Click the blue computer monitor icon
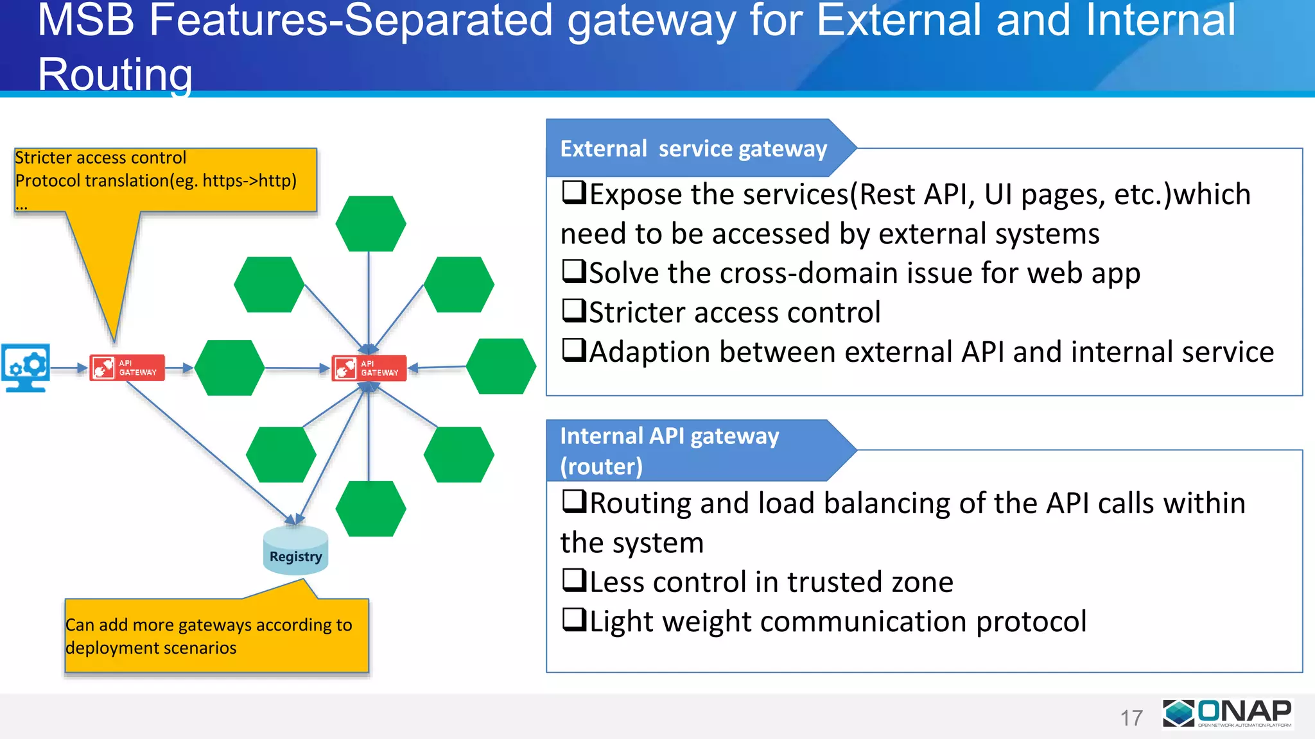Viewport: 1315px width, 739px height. [26, 367]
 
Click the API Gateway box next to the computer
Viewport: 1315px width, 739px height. [127, 368]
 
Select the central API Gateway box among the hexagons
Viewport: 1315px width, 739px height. [369, 368]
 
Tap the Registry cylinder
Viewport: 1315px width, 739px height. [295, 550]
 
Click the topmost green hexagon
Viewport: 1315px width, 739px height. [370, 223]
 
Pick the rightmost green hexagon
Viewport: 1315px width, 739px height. [501, 366]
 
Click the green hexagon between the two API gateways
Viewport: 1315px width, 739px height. [229, 368]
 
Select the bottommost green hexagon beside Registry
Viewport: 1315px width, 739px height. [370, 509]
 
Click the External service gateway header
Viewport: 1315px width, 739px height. [693, 148]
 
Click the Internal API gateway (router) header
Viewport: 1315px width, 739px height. [670, 450]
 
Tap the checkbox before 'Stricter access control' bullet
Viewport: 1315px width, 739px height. [574, 311]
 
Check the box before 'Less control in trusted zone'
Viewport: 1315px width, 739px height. [574, 581]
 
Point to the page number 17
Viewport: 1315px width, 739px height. [1131, 718]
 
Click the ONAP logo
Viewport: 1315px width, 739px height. [1227, 713]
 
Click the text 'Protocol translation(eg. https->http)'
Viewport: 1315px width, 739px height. [156, 181]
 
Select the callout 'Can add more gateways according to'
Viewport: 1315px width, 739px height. [209, 625]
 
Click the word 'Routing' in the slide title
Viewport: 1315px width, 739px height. [116, 74]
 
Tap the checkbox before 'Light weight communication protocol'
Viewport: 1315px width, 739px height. [574, 620]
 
